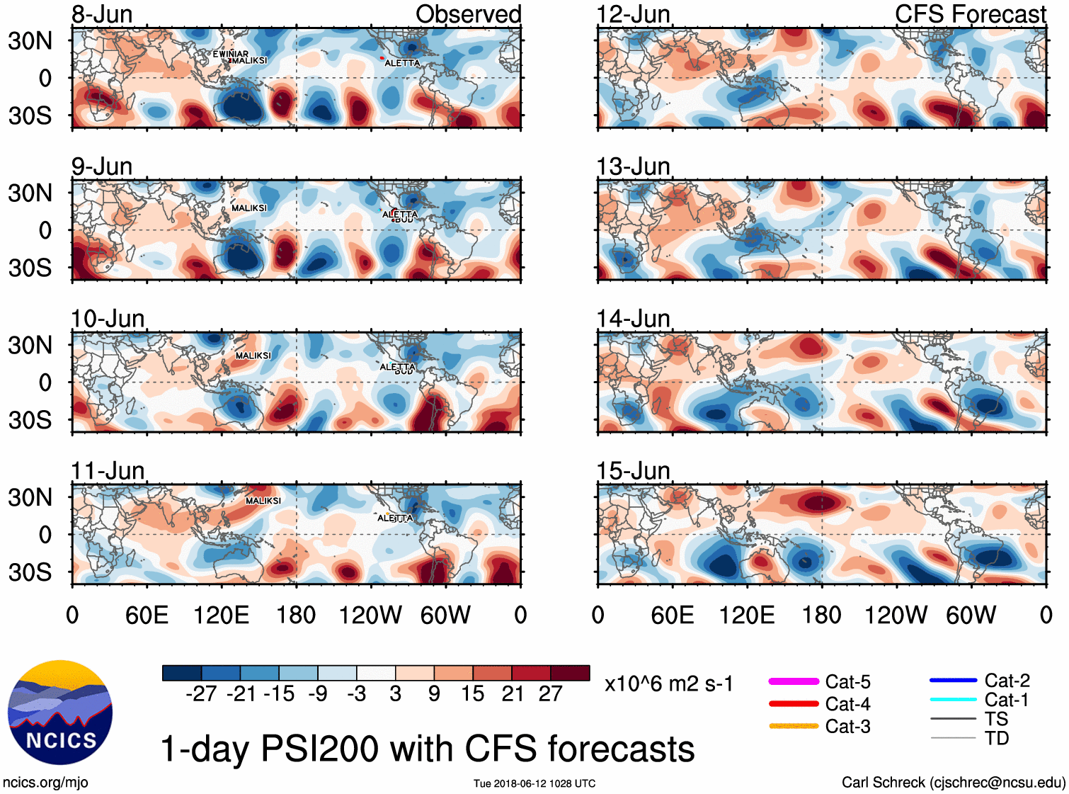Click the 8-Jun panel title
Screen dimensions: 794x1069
(x=102, y=14)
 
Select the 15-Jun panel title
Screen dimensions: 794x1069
(x=633, y=471)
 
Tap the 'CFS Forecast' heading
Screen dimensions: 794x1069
(x=970, y=14)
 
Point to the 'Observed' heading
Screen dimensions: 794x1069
(x=468, y=14)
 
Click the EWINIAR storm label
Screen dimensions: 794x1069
(x=231, y=54)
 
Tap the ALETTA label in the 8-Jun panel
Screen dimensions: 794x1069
(x=402, y=63)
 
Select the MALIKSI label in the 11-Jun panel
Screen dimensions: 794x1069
(x=263, y=501)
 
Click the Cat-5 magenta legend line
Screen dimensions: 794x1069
(x=794, y=681)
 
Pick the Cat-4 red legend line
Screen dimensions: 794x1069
(x=794, y=704)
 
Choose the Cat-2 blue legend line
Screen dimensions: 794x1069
(x=953, y=681)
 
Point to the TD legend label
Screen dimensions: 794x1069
(x=997, y=738)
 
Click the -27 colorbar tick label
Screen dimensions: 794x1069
(x=201, y=693)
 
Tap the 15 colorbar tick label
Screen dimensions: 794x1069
(x=472, y=693)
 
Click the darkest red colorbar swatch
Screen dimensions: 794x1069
(x=570, y=673)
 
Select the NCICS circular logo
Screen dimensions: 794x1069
(x=60, y=712)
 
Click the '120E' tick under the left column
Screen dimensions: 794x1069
(x=221, y=615)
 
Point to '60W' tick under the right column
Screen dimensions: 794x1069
(x=971, y=615)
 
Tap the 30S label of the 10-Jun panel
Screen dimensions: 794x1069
(x=30, y=420)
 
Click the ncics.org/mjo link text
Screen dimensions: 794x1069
(x=45, y=783)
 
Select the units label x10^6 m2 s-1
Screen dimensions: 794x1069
(x=668, y=684)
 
